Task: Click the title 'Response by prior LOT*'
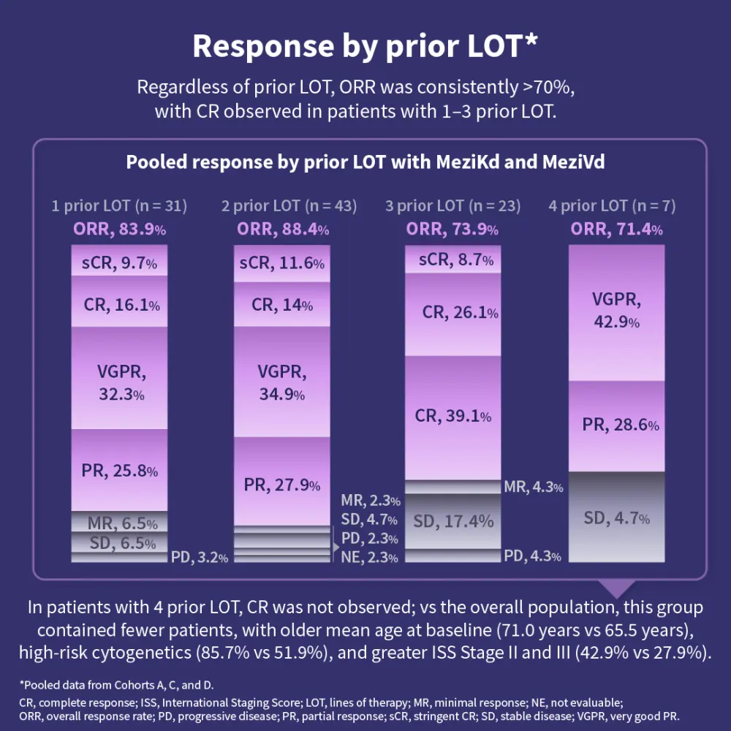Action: [x=365, y=46]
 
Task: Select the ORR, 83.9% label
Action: [x=119, y=230]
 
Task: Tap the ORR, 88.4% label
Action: [x=282, y=230]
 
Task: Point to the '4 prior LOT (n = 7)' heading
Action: [x=612, y=206]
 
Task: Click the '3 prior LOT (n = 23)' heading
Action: [x=452, y=206]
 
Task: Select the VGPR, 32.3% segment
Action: [x=119, y=377]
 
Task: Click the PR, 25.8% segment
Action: [x=119, y=470]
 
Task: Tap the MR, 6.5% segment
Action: [x=119, y=523]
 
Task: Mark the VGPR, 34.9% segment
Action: [x=282, y=382]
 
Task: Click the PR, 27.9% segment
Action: [x=282, y=483]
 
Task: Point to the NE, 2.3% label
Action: [x=370, y=558]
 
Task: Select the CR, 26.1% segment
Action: [x=453, y=313]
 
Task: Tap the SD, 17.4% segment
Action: [x=453, y=521]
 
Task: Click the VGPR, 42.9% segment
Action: [x=616, y=311]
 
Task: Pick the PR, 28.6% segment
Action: [x=616, y=425]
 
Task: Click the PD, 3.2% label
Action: [x=200, y=557]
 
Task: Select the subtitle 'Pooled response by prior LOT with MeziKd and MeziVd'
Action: [x=365, y=162]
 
